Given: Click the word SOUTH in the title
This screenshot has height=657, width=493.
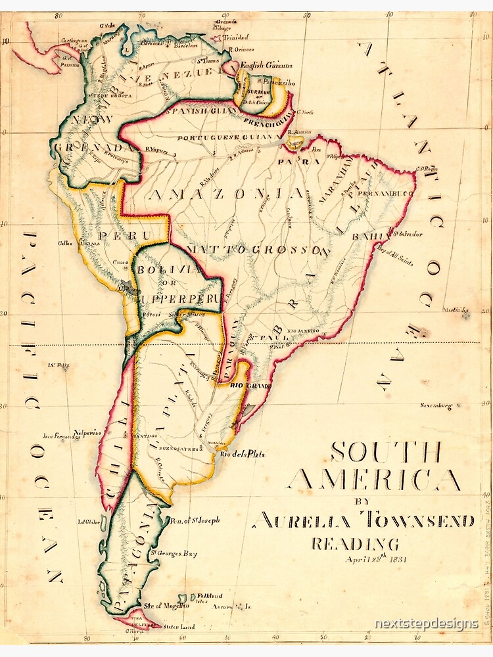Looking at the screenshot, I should coord(385,452).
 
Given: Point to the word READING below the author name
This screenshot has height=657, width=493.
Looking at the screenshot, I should coord(355,544).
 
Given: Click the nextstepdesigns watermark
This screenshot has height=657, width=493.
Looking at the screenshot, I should coord(426,623).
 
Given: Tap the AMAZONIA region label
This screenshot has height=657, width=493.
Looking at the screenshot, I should coord(217,194).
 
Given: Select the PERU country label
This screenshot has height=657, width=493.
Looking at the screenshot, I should coord(124,235).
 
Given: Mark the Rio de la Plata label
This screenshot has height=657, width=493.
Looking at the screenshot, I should coord(241,454).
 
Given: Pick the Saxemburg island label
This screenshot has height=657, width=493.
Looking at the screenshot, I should coord(436,406).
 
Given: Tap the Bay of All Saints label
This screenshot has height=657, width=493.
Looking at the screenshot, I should coord(394,256).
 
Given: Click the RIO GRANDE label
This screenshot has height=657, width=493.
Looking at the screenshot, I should coord(250,386).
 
